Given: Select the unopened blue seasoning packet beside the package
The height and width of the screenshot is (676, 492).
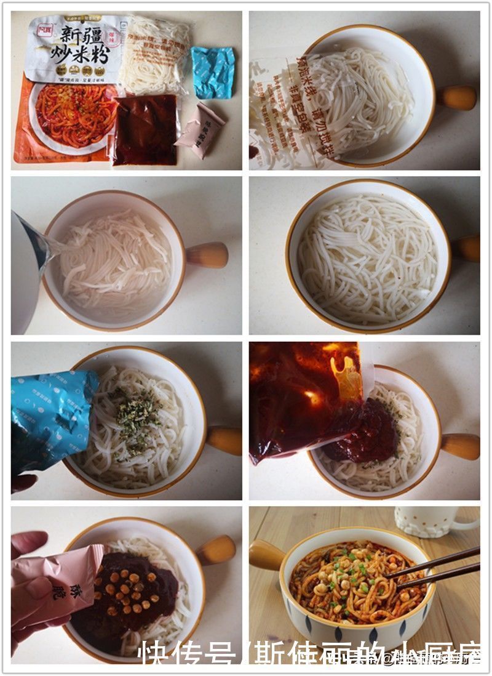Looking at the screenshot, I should point(213,72).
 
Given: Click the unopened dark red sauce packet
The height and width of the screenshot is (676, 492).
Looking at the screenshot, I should point(145,130).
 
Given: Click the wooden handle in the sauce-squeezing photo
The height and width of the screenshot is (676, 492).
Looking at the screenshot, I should point(459,446).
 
